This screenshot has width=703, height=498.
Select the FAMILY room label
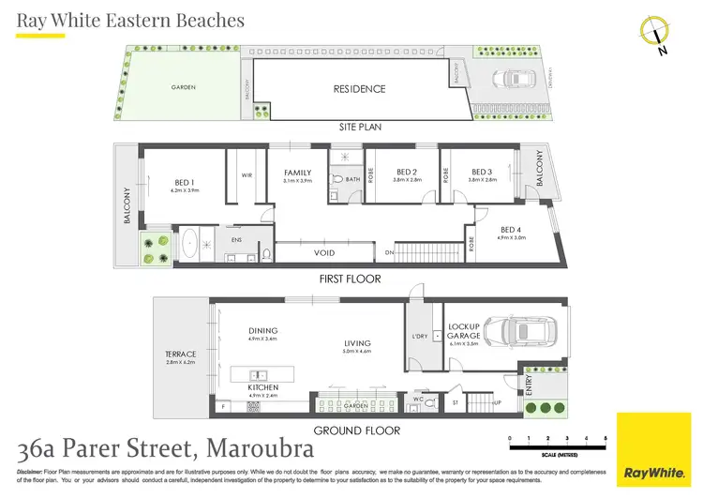[x=298, y=173]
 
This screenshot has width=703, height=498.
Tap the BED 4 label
[x=511, y=230]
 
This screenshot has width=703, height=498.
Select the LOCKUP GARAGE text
[x=463, y=332]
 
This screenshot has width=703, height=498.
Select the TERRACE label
[x=180, y=354]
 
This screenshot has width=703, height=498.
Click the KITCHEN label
[x=262, y=387]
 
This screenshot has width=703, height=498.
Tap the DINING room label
[x=262, y=330]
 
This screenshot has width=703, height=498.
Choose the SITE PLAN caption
[x=366, y=127]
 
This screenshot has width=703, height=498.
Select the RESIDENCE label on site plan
[x=360, y=89]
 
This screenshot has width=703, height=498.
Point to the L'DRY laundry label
[x=419, y=336]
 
